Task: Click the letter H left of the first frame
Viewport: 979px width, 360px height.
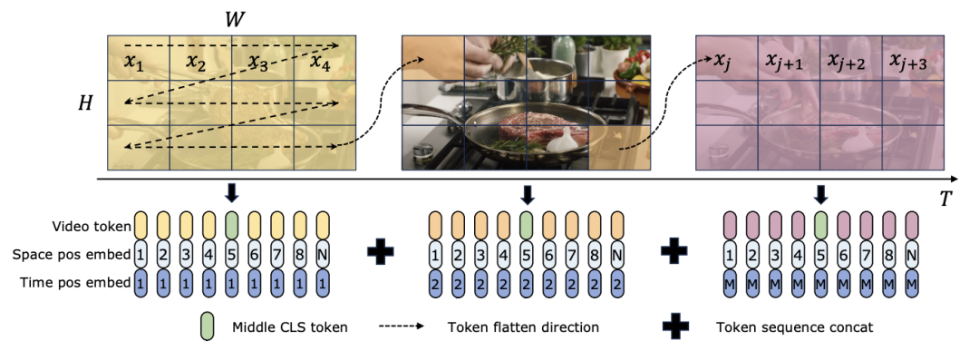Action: coord(85,103)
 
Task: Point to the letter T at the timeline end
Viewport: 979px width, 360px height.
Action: coord(945,198)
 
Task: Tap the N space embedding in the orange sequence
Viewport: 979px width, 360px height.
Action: coord(617,255)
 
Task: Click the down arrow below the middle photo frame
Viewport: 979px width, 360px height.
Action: coord(528,194)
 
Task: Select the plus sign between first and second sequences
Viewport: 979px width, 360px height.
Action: coord(380,255)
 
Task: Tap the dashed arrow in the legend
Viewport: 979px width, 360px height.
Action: coord(401,326)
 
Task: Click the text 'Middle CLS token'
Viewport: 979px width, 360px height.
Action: coord(290,326)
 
